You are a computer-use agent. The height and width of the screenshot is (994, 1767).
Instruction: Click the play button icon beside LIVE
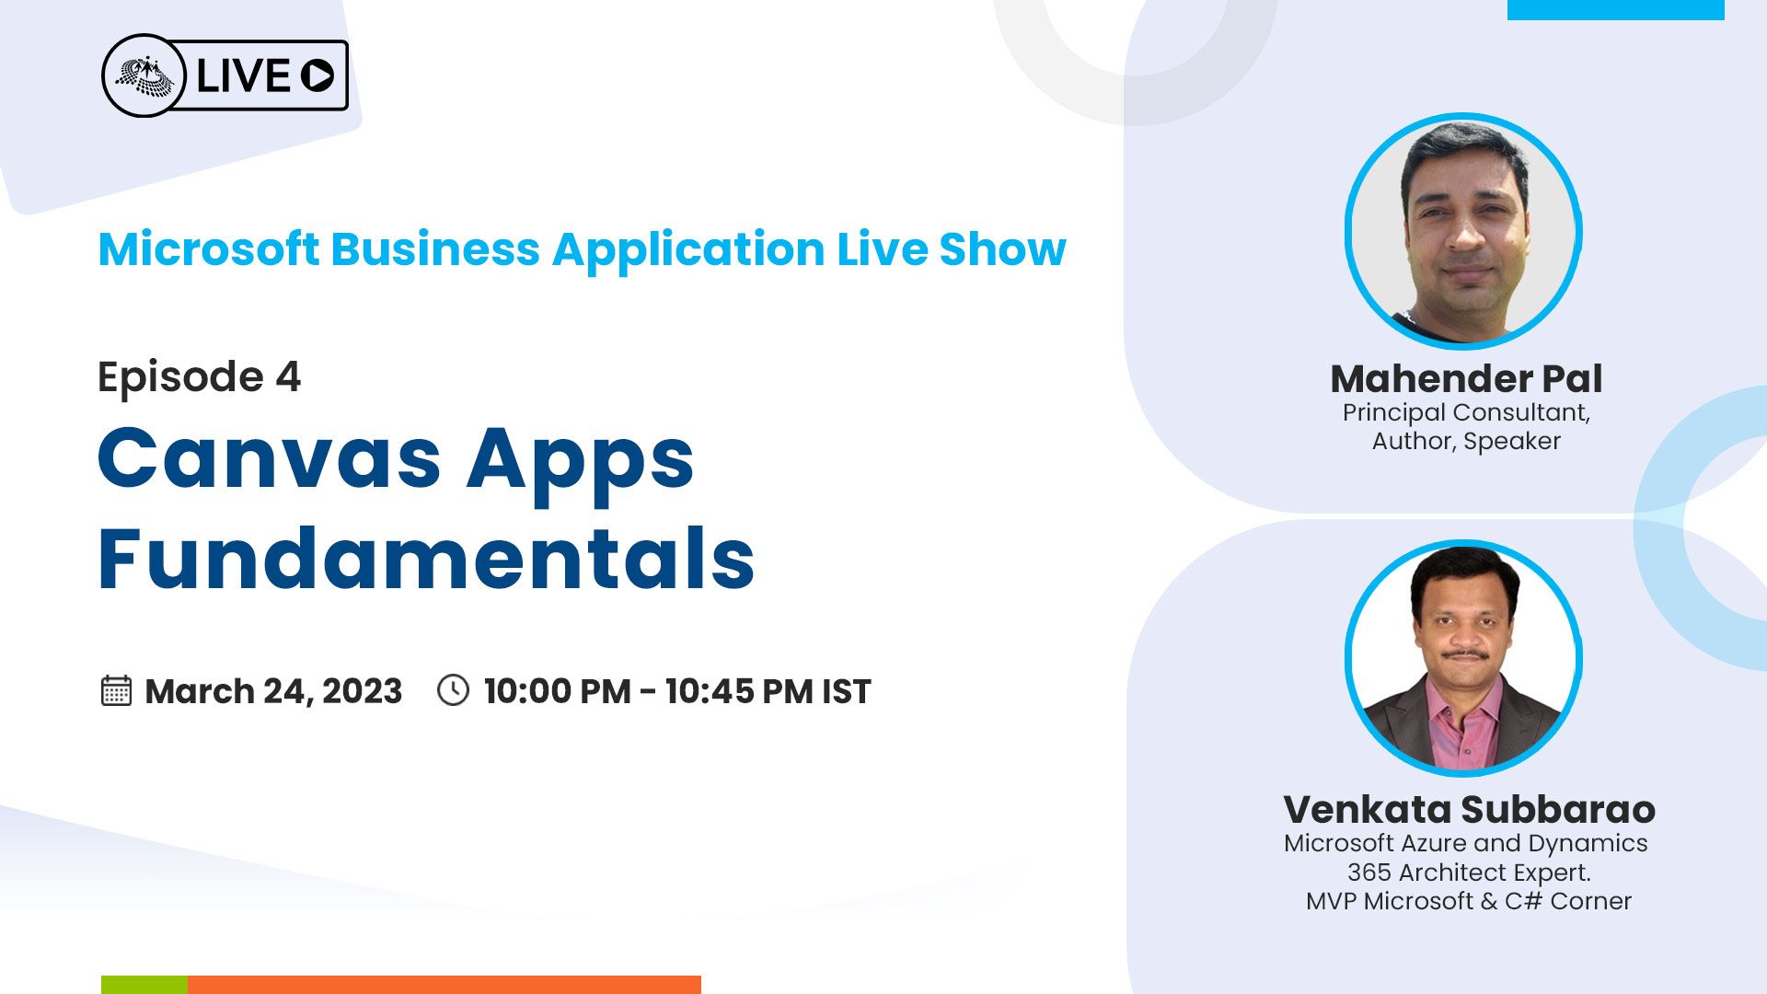point(318,75)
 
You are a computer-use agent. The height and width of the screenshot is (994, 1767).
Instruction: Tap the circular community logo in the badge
point(144,75)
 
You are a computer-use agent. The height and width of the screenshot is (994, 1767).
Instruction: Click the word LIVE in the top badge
point(243,75)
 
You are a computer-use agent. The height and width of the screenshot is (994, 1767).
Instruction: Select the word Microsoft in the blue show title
point(209,249)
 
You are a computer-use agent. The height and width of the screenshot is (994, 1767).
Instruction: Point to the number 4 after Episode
point(288,376)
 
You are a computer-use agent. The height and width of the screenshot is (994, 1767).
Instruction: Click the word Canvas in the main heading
point(270,457)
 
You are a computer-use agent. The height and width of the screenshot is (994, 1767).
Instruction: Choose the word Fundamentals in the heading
point(426,558)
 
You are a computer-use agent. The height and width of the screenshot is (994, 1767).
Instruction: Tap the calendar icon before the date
point(116,690)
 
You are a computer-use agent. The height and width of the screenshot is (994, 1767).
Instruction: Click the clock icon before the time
point(453,690)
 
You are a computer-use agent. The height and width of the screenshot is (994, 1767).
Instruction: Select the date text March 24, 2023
point(273,691)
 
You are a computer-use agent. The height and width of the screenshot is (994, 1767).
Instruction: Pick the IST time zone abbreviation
point(846,691)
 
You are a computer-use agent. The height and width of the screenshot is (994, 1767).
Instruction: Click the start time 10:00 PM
point(558,691)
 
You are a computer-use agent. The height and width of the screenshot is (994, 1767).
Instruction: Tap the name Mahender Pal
point(1466,378)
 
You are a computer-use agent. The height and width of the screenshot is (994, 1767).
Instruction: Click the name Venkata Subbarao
point(1469,809)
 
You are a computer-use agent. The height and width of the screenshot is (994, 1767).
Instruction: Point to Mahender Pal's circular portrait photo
point(1463,231)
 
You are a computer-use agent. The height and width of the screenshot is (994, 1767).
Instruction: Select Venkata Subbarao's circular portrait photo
point(1463,659)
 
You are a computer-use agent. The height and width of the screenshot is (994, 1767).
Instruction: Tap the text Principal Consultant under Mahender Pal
point(1466,412)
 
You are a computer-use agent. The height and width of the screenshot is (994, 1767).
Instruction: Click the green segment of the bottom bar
point(144,985)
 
